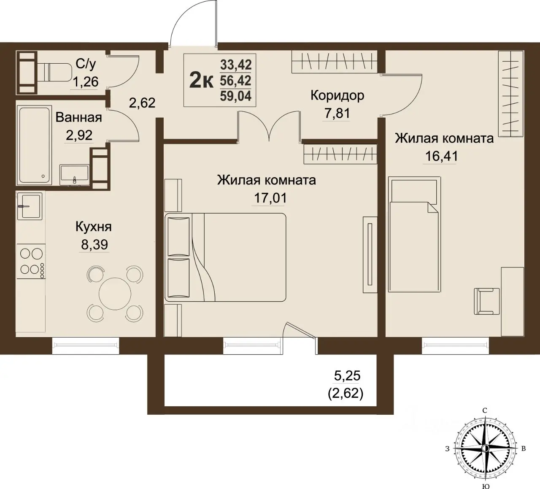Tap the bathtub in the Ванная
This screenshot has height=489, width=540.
34,145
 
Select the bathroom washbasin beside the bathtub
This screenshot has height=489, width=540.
74,175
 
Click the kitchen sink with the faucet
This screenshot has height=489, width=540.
30,206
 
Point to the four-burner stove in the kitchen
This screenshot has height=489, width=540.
31,261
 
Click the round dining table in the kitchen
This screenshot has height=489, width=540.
115,294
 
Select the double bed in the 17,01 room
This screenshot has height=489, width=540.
225,257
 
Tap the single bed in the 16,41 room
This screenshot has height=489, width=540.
415,234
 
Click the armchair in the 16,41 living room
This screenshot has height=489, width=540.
487,301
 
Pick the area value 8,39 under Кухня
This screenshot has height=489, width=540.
94,245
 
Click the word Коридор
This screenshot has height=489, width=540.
337,96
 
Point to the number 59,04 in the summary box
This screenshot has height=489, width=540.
236,96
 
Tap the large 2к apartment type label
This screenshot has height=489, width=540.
201,80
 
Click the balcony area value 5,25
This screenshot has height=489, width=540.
347,376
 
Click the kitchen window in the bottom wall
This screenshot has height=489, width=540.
86,345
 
